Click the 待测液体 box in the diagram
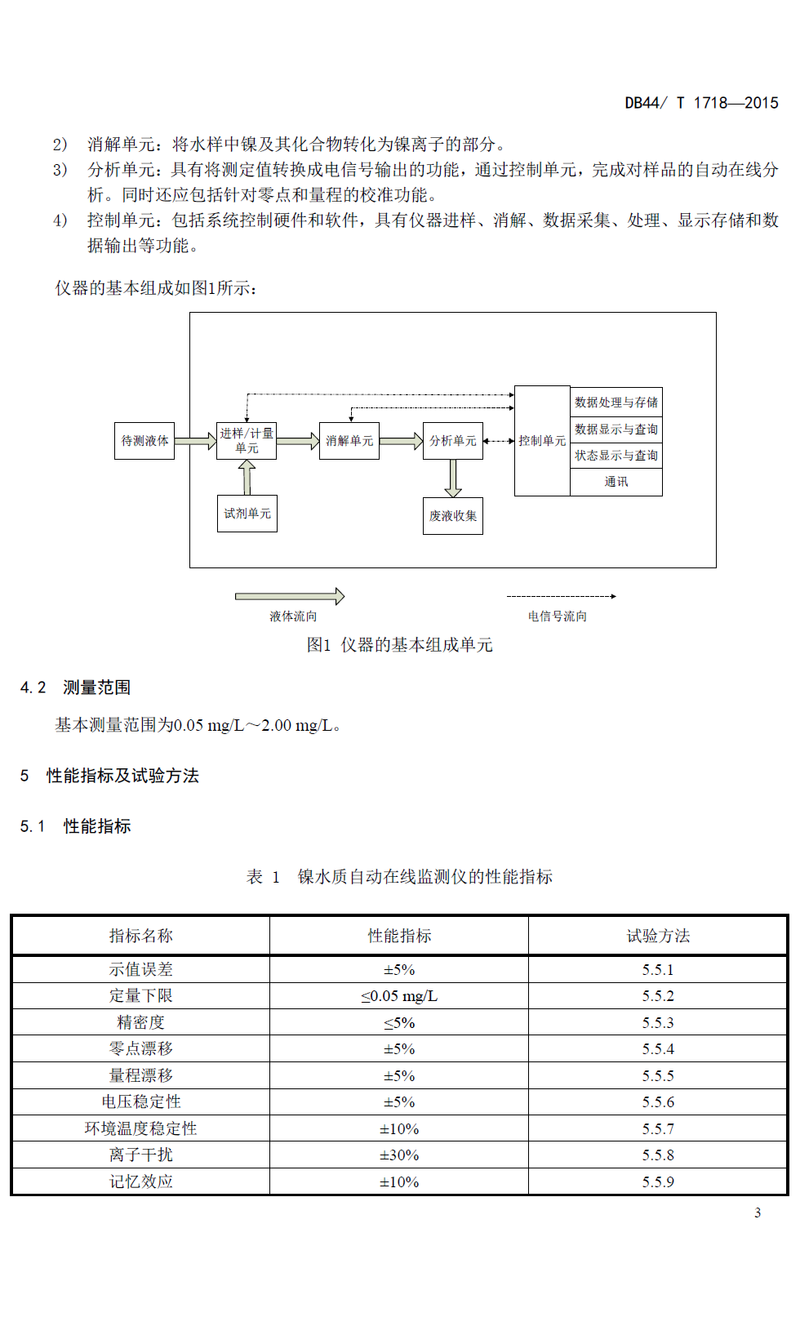point(144,441)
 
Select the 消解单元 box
point(349,441)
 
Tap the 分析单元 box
point(453,441)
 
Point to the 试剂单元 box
point(247,514)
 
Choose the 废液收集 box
point(453,516)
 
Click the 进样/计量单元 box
point(247,441)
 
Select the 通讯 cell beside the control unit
point(616,482)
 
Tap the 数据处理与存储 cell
point(616,403)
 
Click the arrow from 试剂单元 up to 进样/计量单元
point(247,478)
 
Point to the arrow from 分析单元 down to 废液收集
point(453,478)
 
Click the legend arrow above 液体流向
point(290,597)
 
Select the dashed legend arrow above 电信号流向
point(561,597)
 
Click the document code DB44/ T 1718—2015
point(701,103)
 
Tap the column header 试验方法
point(658,937)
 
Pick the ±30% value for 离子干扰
point(399,1155)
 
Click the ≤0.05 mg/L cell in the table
point(399,996)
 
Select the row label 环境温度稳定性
point(140,1128)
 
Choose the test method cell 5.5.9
point(658,1182)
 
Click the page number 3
point(758,1213)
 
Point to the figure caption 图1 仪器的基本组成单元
point(399,645)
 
